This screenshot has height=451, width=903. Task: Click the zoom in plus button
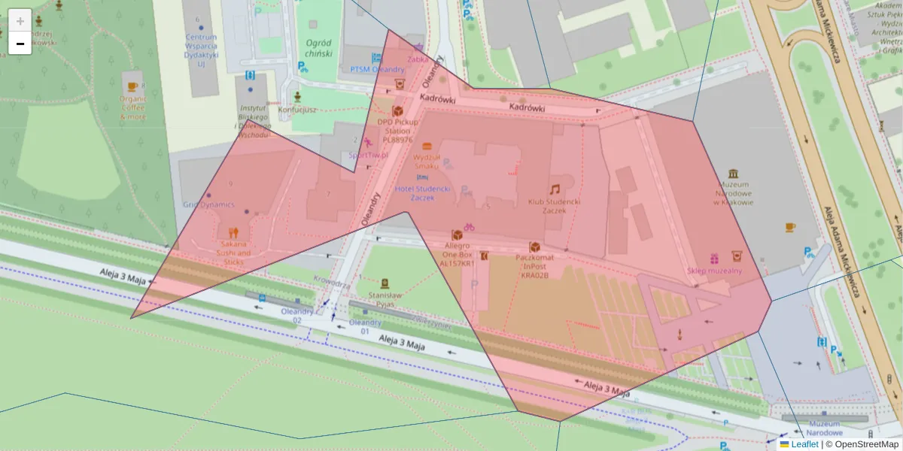tap(20, 20)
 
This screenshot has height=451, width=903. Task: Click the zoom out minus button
tap(20, 44)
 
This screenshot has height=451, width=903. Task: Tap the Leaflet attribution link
tap(804, 444)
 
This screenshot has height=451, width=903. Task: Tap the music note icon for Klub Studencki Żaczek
tap(554, 189)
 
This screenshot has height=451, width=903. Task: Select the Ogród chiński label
tap(319, 48)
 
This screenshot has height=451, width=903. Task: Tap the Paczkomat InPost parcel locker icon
tap(535, 247)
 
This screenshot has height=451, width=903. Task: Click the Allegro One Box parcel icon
tap(457, 235)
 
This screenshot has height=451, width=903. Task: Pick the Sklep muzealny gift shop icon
tap(713, 258)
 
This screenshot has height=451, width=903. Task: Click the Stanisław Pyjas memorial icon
tap(385, 284)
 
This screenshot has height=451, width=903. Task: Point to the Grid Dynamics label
tap(208, 204)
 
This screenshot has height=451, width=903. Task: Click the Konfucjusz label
tap(297, 110)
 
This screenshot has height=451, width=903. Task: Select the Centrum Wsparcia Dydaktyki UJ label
tap(201, 50)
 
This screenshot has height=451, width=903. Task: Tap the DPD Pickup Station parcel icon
tap(397, 110)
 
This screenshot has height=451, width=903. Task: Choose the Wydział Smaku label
tap(427, 161)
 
